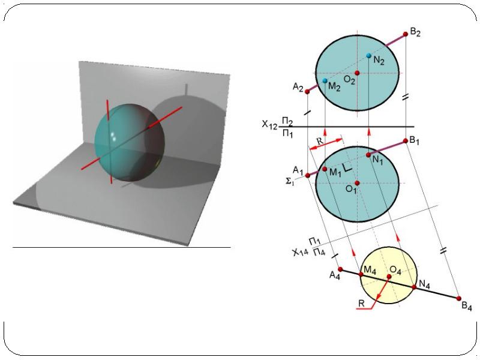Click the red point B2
coord(406,34)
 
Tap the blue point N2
coord(369,56)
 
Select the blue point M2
coord(325,81)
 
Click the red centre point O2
coord(357,73)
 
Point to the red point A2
coord(307,92)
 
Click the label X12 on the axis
coord(269,125)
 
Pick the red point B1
coord(406,141)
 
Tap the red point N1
coord(368,155)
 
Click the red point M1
coord(325,169)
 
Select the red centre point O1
coord(357,183)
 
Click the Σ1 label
coord(290,182)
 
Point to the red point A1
coord(308,175)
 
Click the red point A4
coord(340,269)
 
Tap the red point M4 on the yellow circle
coord(361,275)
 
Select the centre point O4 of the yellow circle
coord(389,277)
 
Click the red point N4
coord(414,287)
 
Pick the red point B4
coord(458,298)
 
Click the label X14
coord(300,252)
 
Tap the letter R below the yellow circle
coord(362,303)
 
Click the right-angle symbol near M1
coord(347,167)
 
